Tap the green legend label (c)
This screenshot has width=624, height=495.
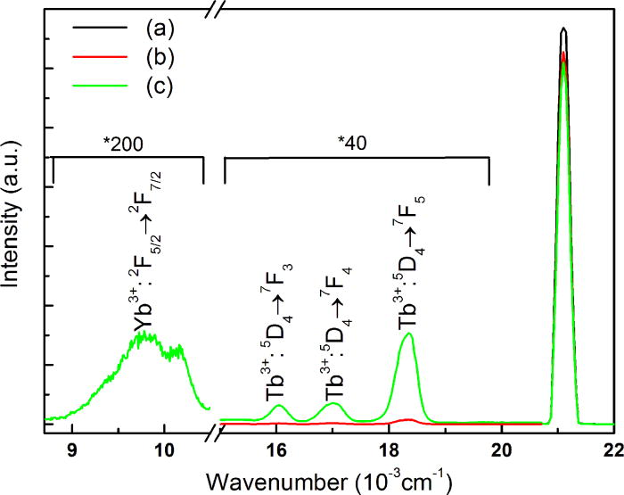145,87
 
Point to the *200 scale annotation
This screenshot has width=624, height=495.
128,142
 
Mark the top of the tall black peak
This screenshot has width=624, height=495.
563,29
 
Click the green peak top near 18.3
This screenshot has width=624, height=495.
408,334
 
